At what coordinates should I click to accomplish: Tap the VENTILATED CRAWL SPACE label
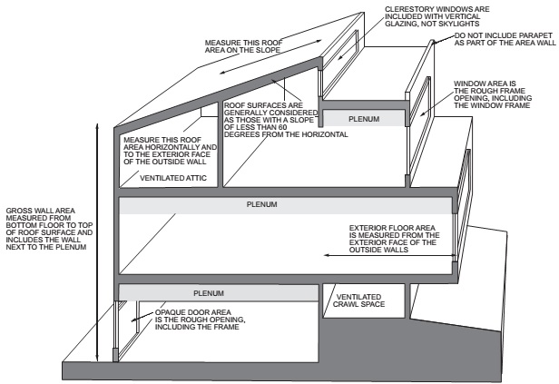click(x=358, y=300)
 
